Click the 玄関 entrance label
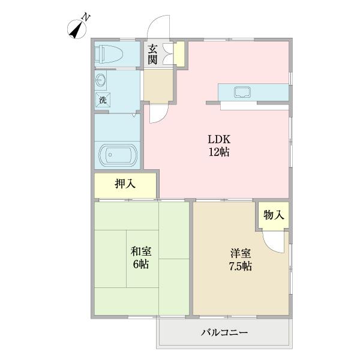coord(153,54)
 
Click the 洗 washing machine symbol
coord(103,100)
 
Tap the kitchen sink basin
coord(243,92)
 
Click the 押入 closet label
coord(125,184)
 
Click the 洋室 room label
coord(235,253)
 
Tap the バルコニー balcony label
coord(224,332)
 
